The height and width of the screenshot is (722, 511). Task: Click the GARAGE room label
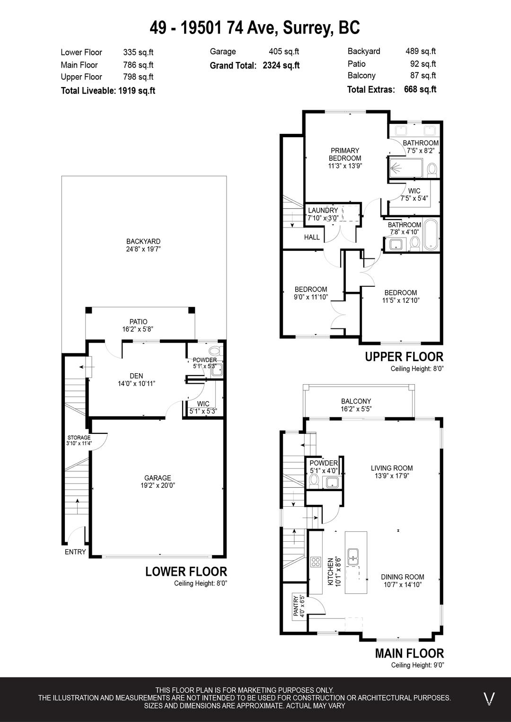coord(158,478)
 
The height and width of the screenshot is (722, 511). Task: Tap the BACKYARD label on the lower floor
coord(143,241)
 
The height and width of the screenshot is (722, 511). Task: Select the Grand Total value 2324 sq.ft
coord(281,65)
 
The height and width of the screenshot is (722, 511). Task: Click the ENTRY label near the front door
coord(75,552)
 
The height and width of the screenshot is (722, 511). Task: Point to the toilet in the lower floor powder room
coord(214,351)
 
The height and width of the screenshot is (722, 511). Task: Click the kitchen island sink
coord(353,557)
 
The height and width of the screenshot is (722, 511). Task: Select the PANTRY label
coord(296,606)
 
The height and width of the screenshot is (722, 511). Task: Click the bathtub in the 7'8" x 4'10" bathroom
coord(431,234)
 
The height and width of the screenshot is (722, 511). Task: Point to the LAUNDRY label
coord(323,211)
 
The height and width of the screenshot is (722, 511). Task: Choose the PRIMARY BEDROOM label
coord(344,154)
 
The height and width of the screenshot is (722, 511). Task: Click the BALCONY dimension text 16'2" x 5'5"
coord(356,409)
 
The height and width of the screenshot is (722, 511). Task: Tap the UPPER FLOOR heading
coord(404,357)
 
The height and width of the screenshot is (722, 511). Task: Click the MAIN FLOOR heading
coord(409,653)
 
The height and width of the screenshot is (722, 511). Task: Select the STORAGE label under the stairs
coord(79,437)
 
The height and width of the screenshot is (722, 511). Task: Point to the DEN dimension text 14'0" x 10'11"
coord(137,384)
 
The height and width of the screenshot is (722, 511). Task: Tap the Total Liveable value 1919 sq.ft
coord(137,90)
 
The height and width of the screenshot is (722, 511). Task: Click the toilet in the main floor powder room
coord(313,481)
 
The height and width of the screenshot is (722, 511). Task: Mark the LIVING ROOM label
coord(392,468)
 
